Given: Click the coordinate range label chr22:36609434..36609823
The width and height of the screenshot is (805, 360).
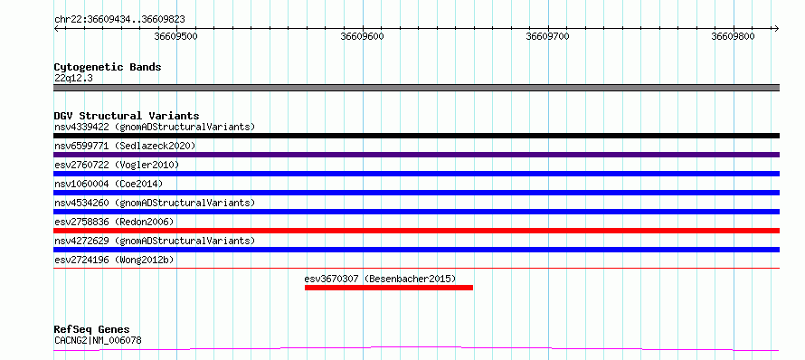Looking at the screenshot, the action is tap(119, 20).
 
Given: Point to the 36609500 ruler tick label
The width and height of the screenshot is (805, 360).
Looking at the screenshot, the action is tap(176, 37).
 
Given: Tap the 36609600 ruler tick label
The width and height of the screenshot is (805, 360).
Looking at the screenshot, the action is tap(363, 37).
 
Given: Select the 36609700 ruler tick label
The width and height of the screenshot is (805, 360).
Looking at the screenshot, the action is tap(548, 37).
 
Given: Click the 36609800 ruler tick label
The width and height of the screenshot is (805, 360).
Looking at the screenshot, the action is tap(734, 37).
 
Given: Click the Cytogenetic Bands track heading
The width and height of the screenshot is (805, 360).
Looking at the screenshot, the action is tap(108, 67).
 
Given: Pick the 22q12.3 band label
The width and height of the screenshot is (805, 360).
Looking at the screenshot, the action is tap(73, 79).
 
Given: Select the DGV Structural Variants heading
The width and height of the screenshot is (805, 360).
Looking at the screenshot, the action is tap(127, 116).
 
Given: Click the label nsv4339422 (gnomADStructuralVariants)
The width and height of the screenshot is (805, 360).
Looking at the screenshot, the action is tap(155, 127).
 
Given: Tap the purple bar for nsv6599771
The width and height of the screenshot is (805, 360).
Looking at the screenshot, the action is tap(416, 155).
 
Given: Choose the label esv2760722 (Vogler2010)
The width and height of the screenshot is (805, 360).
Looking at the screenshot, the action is tap(117, 165).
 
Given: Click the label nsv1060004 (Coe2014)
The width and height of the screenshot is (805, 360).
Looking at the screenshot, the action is tap(108, 184).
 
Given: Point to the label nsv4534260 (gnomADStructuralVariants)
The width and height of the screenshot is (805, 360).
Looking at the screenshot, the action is tap(155, 203).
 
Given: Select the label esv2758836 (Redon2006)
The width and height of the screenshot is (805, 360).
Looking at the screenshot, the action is tap(114, 222).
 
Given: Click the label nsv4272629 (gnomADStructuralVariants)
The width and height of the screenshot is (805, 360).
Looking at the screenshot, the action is tap(155, 241).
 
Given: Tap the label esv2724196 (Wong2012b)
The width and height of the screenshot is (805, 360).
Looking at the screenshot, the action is tap(114, 260).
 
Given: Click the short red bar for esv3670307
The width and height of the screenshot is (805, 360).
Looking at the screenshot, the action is tap(389, 288).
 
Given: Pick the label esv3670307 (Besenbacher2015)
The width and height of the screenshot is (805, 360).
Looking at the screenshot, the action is tap(380, 279).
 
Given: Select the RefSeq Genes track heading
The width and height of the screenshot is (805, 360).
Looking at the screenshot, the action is tap(92, 330).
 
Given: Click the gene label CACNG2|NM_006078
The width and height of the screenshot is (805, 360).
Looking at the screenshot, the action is tap(98, 340).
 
